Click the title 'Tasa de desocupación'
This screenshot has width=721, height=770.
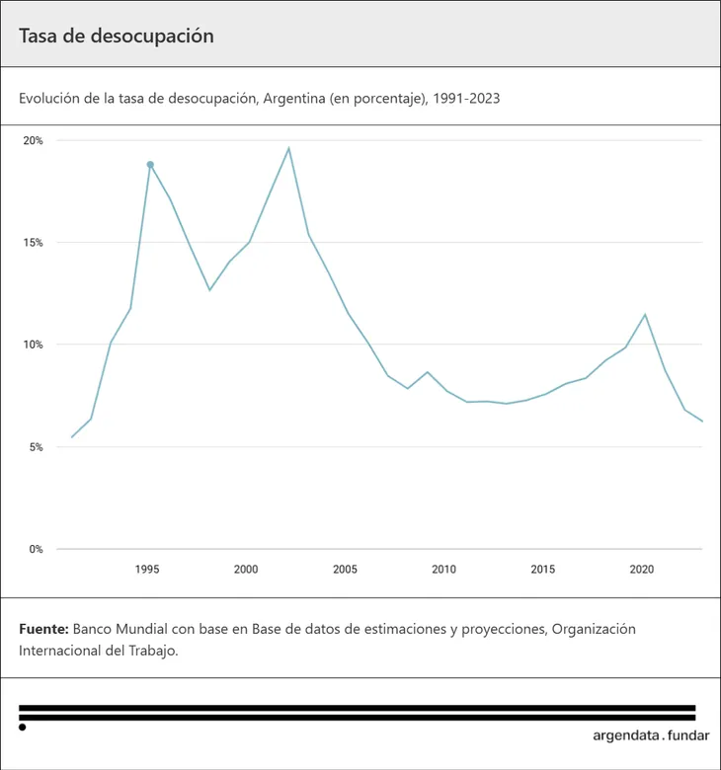pyautogui.click(x=117, y=36)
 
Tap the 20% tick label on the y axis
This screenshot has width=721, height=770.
pyautogui.click(x=34, y=140)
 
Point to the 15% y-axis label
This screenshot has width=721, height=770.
pyautogui.click(x=34, y=243)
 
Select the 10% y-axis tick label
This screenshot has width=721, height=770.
pyautogui.click(x=34, y=345)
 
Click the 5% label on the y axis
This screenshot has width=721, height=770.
pyautogui.click(x=36, y=447)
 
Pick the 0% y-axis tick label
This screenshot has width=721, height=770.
pyautogui.click(x=36, y=549)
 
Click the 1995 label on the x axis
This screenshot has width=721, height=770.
pyautogui.click(x=147, y=570)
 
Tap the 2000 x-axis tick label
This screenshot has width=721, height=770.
pyautogui.click(x=246, y=570)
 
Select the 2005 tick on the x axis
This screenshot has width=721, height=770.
pyautogui.click(x=345, y=570)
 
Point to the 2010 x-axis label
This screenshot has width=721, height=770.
pyautogui.click(x=443, y=570)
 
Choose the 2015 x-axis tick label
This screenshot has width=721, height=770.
pyautogui.click(x=542, y=570)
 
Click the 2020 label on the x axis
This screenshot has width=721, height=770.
pyautogui.click(x=642, y=570)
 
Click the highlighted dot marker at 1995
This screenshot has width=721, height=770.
pyautogui.click(x=150, y=165)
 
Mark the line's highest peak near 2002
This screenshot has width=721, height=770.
pyautogui.click(x=288, y=148)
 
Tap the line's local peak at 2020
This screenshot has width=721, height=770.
pyautogui.click(x=645, y=315)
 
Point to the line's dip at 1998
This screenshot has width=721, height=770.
pyautogui.click(x=209, y=289)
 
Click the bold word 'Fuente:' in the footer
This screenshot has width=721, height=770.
pyautogui.click(x=43, y=629)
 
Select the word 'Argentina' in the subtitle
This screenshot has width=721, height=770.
pyautogui.click(x=294, y=99)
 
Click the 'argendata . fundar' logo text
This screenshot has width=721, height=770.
pyautogui.click(x=651, y=735)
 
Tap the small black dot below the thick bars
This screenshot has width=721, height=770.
pyautogui.click(x=23, y=728)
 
